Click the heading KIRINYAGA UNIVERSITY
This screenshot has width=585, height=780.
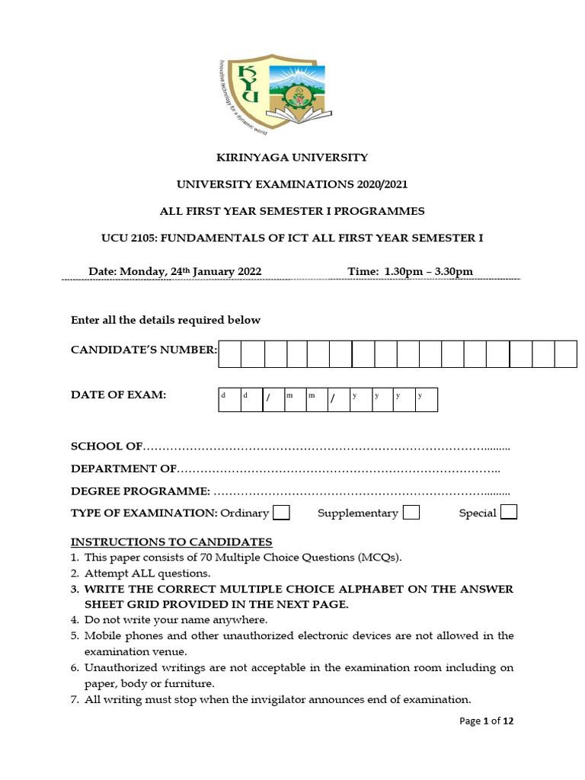(x=292, y=158)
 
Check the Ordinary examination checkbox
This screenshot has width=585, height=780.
(x=281, y=512)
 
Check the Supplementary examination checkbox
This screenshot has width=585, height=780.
(x=411, y=512)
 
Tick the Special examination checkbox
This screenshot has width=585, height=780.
(x=509, y=512)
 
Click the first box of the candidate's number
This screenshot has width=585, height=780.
(x=230, y=354)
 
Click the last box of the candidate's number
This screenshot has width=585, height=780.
(x=565, y=354)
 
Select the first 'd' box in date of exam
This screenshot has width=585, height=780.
(x=229, y=398)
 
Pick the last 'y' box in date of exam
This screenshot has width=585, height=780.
(x=427, y=398)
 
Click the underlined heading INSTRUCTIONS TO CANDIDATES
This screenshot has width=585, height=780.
(x=171, y=542)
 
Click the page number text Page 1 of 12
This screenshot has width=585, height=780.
(x=487, y=721)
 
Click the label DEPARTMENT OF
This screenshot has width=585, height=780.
(x=123, y=468)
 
